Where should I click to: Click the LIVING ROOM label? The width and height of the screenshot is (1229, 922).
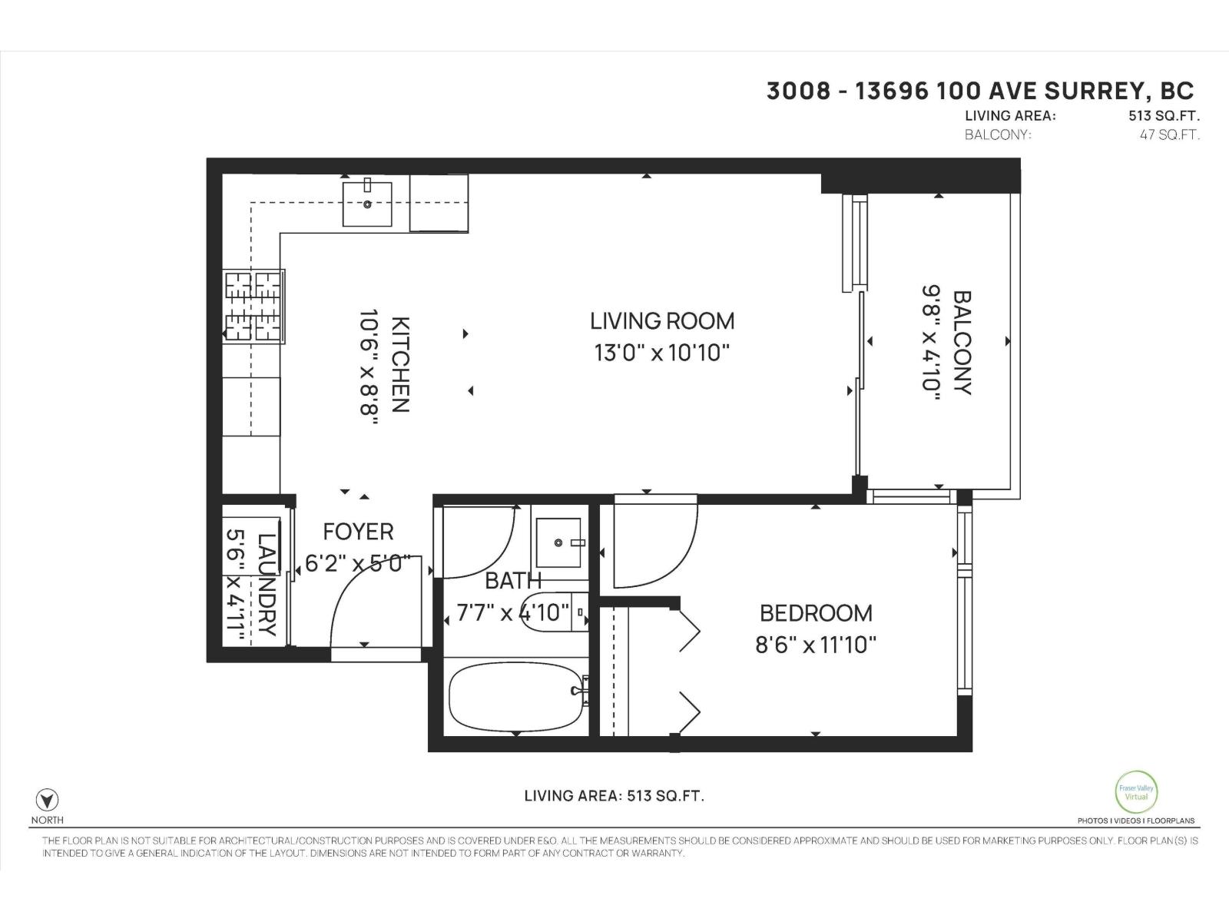(661, 320)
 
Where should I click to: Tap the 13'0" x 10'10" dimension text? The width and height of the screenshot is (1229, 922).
(661, 353)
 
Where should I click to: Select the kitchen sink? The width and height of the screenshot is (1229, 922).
(367, 204)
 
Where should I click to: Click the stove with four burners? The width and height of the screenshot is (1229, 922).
(253, 306)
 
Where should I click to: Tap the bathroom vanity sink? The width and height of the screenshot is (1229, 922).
(560, 542)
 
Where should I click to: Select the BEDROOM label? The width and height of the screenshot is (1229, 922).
(816, 613)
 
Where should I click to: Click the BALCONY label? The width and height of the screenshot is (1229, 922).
(962, 342)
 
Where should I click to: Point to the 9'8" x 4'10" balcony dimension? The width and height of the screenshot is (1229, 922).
(931, 342)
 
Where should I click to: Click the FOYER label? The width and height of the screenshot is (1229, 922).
(358, 532)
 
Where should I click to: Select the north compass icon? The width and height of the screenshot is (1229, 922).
(48, 799)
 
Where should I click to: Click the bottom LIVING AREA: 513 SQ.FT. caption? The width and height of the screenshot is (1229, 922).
(614, 796)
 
